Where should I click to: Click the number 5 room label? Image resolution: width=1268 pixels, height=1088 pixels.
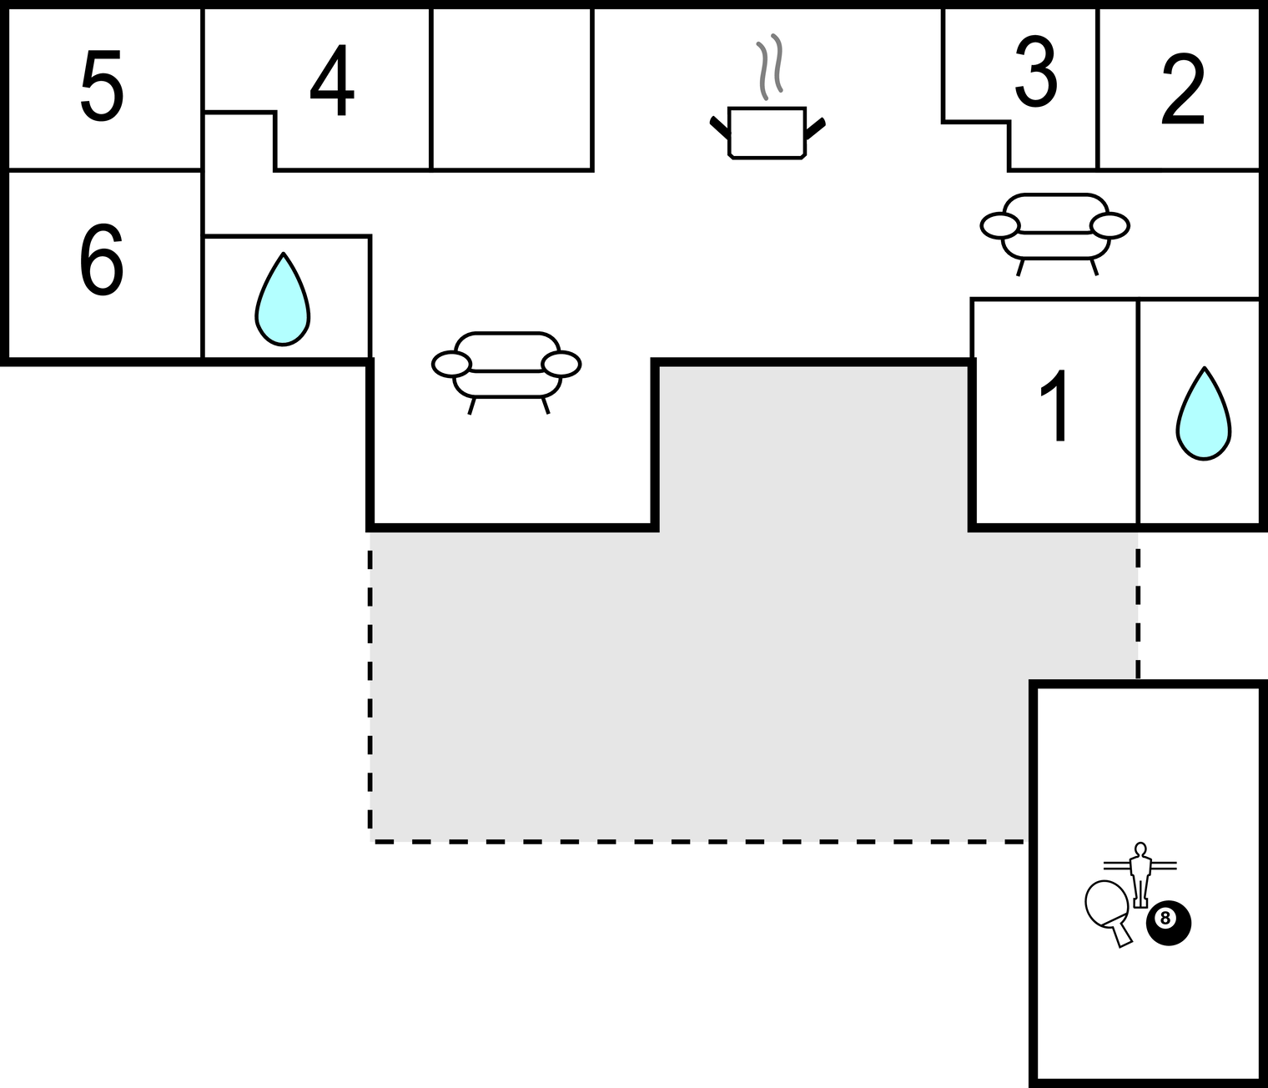(102, 86)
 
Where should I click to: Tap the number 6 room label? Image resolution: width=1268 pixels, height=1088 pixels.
(101, 259)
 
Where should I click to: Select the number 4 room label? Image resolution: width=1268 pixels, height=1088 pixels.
(332, 82)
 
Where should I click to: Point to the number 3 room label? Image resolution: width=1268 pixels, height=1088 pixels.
(1036, 73)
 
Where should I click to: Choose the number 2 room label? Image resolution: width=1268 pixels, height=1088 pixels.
(1183, 90)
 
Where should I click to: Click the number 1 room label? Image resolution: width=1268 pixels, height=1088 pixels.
(1056, 405)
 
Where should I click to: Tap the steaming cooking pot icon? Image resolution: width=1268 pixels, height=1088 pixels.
(767, 132)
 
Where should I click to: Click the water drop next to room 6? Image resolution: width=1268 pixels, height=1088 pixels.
(283, 300)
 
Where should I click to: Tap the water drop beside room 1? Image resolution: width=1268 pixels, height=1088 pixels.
(1204, 414)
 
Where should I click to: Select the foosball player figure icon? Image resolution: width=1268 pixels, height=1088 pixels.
(1140, 873)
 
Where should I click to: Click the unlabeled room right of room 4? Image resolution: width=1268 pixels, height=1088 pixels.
(511, 89)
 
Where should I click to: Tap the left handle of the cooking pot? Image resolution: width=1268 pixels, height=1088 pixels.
(718, 127)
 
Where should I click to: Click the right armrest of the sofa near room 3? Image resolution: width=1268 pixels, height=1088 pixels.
(1109, 225)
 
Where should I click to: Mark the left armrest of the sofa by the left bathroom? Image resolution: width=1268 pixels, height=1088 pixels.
(451, 364)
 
